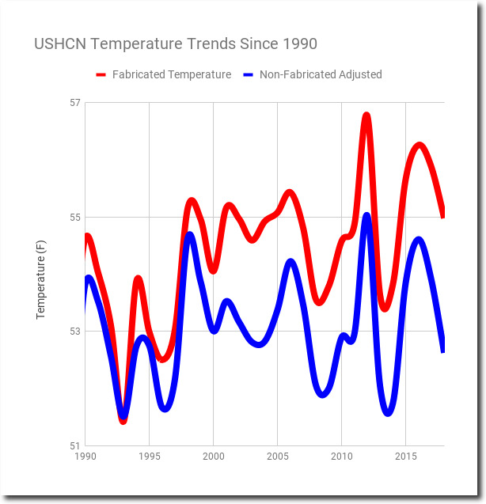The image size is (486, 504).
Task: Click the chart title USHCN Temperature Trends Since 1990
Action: (176, 44)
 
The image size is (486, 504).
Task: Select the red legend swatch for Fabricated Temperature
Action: (101, 75)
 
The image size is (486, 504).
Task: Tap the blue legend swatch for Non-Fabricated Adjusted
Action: (249, 75)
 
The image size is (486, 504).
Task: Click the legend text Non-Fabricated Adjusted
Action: (321, 74)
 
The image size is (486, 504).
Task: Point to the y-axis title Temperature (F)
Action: (41, 279)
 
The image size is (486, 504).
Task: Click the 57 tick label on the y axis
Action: (75, 103)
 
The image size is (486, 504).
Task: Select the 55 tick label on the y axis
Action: (75, 218)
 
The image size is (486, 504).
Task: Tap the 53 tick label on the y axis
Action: (75, 332)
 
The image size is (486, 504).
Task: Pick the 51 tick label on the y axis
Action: (75, 445)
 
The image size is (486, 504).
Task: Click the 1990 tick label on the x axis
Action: (85, 457)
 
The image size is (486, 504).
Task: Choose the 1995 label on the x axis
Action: (150, 457)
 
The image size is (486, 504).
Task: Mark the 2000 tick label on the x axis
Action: (213, 457)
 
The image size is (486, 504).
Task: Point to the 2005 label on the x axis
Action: (278, 457)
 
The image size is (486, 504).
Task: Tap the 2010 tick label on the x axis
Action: (342, 457)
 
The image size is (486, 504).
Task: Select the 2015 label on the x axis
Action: (406, 457)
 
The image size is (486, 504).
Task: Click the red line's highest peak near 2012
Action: (366, 116)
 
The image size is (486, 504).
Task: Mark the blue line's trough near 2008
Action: (322, 394)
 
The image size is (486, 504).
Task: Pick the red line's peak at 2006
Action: (290, 193)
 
